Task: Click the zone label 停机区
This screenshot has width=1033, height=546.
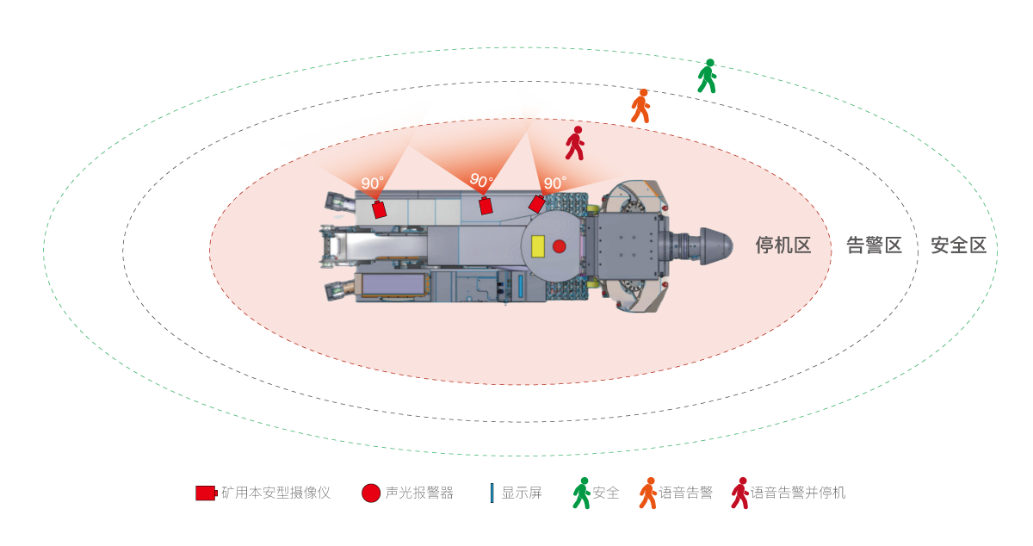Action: pos(783,245)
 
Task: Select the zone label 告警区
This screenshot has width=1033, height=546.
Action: pos(874,245)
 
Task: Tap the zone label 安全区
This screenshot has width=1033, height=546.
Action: pos(958,245)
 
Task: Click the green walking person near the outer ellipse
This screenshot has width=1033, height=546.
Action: pos(707,76)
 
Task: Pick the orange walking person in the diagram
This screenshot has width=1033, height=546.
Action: pos(640,106)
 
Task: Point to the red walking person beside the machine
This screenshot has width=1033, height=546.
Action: pos(575,143)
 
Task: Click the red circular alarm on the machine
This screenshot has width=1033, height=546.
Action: pos(559,246)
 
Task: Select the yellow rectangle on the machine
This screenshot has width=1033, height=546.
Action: pos(540,246)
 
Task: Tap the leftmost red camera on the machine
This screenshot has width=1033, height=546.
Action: pos(380,209)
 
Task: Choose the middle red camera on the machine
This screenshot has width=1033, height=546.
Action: pos(486,206)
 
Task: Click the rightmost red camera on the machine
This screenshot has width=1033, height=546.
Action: pos(536,204)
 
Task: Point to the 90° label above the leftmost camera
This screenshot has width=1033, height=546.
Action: pos(372,183)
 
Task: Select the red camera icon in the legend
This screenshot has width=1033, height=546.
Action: pos(206,493)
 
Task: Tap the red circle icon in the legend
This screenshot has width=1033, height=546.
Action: pos(371,493)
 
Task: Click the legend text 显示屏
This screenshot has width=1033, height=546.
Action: pos(522,493)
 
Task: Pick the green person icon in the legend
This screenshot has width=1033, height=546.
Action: pos(582,493)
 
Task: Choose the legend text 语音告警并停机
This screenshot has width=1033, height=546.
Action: pos(798,493)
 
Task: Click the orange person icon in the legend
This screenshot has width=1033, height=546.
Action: pos(647,493)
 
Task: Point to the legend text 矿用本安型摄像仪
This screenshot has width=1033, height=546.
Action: pos(275,493)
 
